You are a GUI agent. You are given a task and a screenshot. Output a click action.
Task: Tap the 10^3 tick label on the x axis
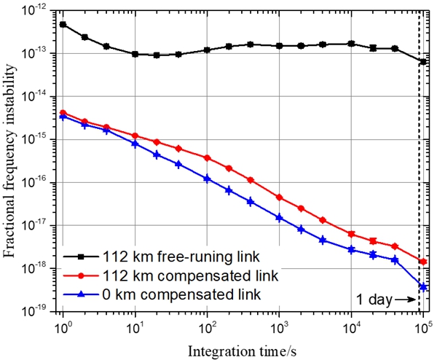pos(279,325)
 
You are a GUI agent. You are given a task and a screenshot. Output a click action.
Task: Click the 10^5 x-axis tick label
pos(423,325)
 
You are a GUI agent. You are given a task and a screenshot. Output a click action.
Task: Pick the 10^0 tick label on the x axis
pos(63,325)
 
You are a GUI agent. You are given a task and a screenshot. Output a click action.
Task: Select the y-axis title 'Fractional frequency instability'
pos(12,161)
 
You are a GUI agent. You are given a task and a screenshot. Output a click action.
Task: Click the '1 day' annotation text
pos(372,298)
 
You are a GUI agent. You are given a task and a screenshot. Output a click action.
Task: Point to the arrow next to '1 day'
pos(405,299)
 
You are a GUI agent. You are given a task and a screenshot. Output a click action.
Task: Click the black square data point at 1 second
pos(63,24)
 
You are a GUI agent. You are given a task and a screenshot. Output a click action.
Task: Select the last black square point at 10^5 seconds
pos(423,62)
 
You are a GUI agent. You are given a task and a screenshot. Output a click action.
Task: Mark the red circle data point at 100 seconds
pos(207,157)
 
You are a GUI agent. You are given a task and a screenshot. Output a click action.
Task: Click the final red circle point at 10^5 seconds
pos(423,262)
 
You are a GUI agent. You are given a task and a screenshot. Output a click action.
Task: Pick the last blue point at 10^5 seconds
pos(423,287)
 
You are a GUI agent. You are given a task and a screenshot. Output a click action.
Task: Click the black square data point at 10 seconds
pos(135,54)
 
